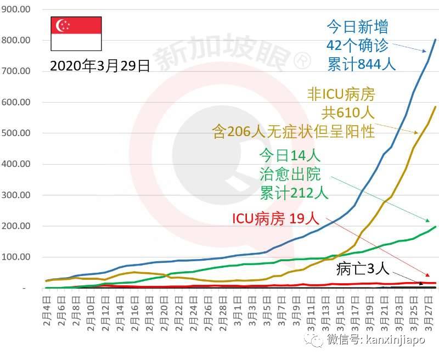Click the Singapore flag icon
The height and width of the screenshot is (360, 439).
pos(76,34)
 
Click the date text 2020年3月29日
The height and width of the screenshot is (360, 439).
pos(100,66)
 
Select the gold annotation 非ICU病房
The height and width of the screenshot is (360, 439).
pos(340,95)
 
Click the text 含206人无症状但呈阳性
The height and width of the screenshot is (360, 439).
pos(293,131)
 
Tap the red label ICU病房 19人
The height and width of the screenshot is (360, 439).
pos(274,218)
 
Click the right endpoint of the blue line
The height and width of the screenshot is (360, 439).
pos(435,40)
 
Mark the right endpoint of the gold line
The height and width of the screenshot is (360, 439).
pos(435,107)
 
